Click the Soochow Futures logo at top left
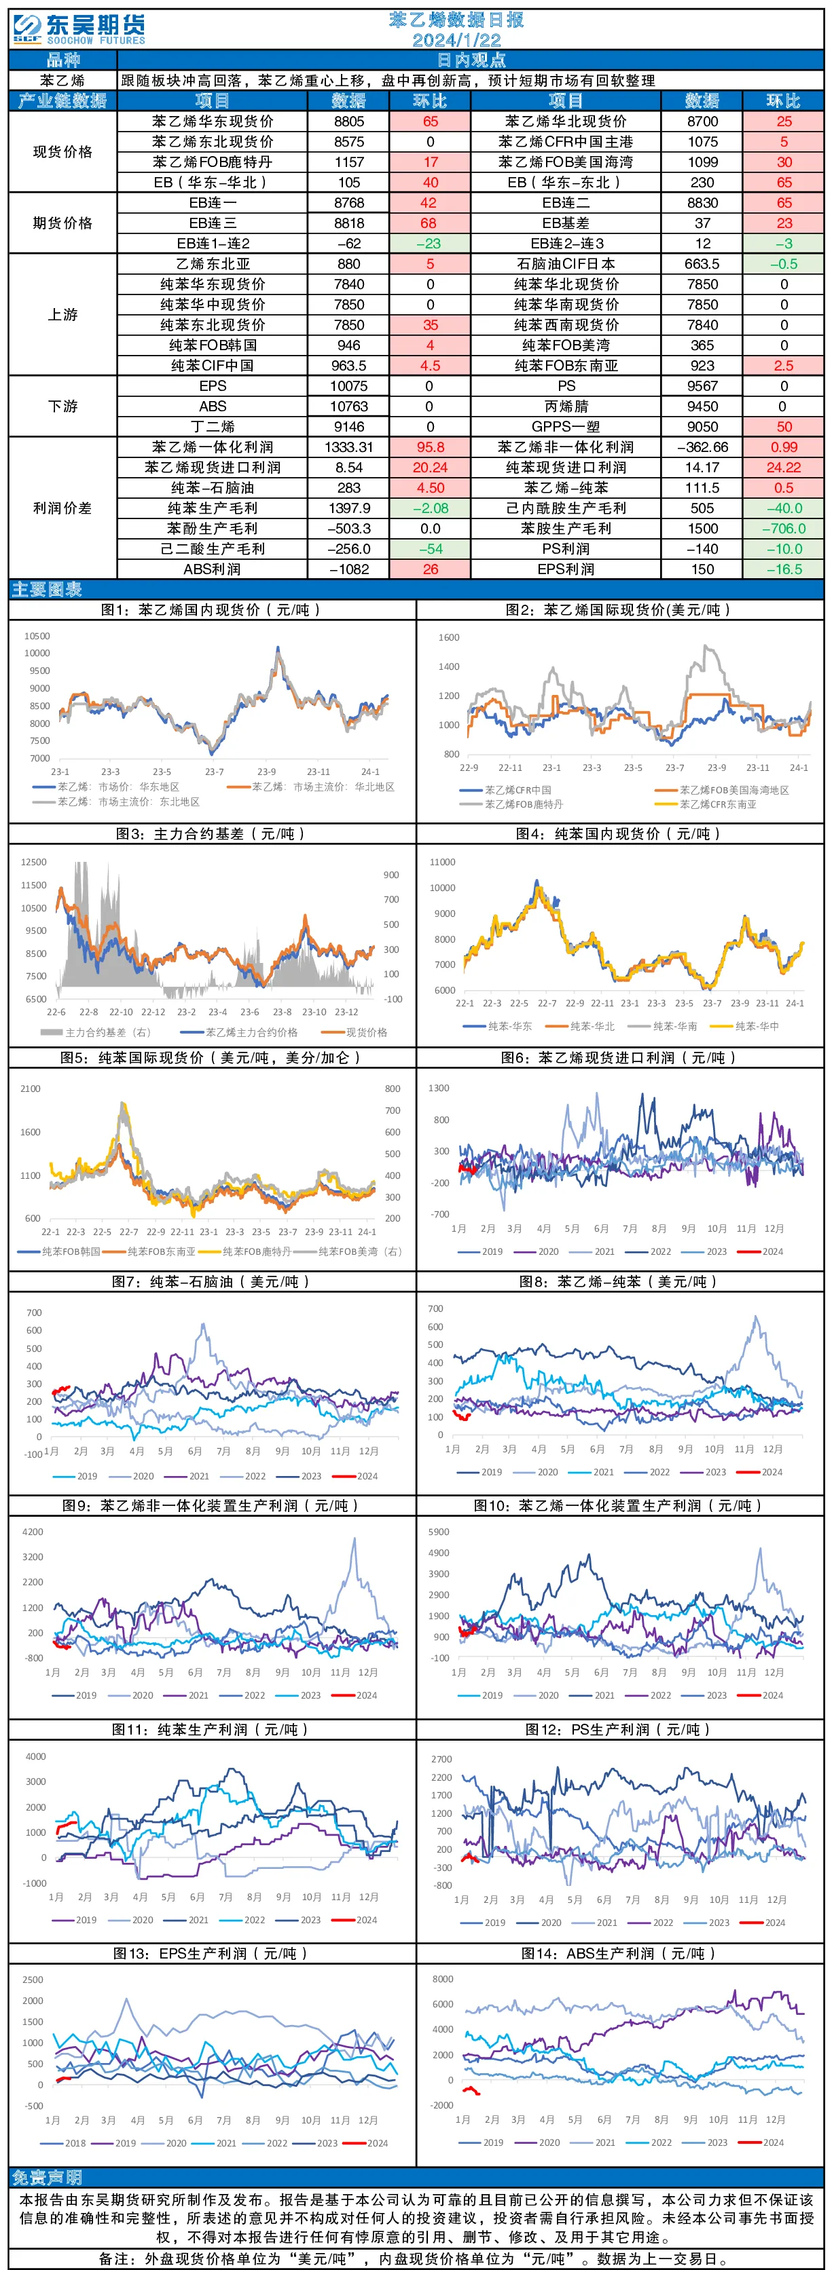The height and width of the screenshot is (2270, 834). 79,29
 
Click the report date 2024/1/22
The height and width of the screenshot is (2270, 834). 456,39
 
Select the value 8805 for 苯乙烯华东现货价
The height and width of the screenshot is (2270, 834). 349,121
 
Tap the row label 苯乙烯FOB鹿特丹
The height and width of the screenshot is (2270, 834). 213,162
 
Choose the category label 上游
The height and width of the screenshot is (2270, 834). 62,315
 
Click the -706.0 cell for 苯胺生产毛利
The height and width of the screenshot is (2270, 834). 784,529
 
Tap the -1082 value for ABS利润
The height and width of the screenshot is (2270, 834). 349,569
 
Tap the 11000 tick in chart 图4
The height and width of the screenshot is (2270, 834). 443,862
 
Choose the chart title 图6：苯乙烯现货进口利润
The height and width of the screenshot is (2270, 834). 618,1057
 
